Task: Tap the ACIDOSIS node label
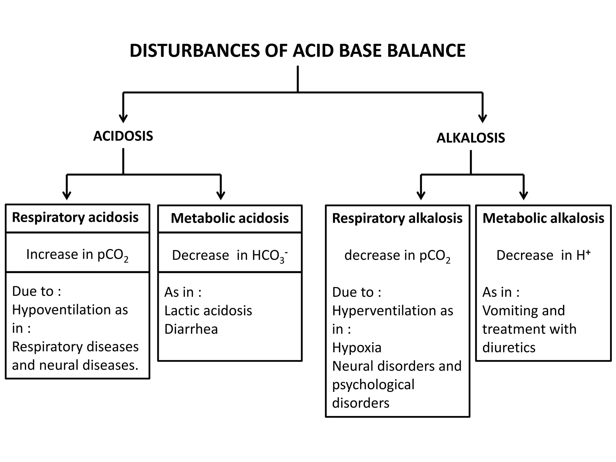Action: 123,136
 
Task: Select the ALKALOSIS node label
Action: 470,138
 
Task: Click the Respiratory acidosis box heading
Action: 75,217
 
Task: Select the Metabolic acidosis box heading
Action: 229,218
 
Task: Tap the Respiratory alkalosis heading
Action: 397,218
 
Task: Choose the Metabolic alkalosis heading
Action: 543,218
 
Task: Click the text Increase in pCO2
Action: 77,255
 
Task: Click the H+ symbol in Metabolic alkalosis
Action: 583,255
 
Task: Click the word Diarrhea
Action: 191,329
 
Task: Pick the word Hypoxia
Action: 357,348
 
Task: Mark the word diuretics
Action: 509,348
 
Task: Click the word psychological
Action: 373,385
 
